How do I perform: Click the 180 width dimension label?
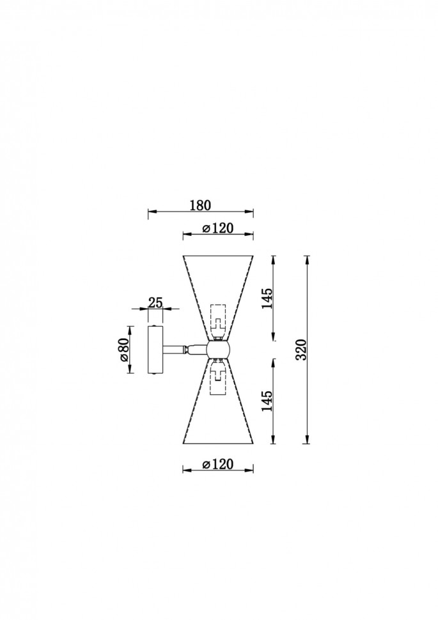(201, 205)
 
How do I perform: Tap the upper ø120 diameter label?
(217, 228)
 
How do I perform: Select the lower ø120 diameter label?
(217, 463)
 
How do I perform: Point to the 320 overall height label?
(302, 350)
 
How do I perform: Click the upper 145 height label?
(267, 298)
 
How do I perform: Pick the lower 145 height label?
(267, 401)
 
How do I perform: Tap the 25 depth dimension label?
(155, 302)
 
